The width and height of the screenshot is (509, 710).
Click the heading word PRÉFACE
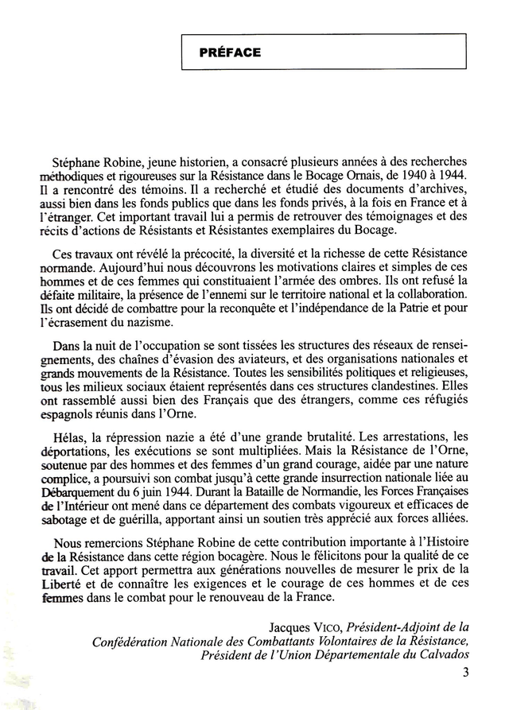pyautogui.click(x=231, y=52)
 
